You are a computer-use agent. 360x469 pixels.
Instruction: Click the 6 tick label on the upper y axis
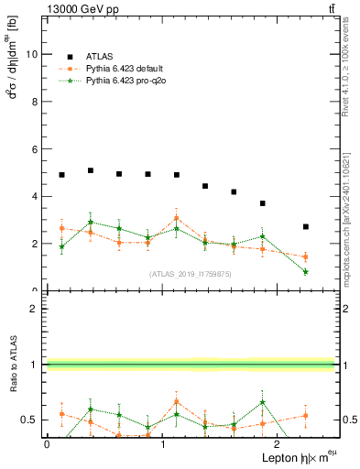pos(35,149)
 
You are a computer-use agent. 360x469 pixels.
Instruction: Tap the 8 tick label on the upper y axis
pos(35,102)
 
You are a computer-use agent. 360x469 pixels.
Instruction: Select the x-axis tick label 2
pos(278,444)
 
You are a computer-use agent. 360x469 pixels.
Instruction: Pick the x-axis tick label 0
pos(47,444)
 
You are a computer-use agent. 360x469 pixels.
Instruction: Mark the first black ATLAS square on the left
pos(61,175)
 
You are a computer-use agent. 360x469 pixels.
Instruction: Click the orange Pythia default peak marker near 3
pos(177,218)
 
